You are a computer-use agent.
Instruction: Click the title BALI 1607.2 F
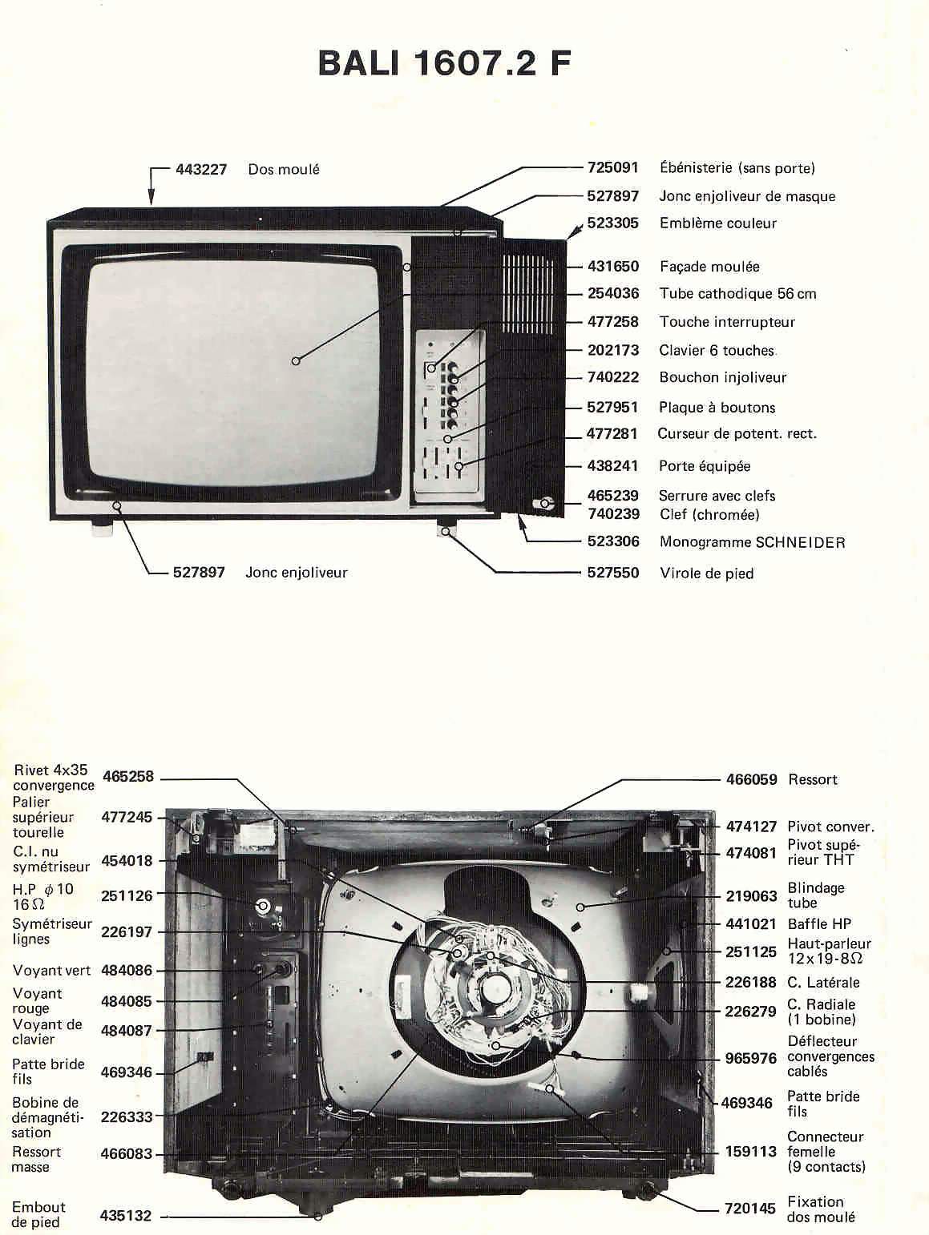(444, 62)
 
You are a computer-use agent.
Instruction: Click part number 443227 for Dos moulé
(201, 169)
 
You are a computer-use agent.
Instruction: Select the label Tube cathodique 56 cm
(737, 293)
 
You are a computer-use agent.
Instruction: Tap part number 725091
(612, 167)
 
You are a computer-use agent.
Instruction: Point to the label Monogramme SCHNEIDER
(752, 542)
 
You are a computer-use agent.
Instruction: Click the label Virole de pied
(706, 573)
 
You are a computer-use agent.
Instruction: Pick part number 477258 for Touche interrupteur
(612, 322)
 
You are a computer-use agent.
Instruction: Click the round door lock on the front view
(546, 504)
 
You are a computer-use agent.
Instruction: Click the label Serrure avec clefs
(717, 496)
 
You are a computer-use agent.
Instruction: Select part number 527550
(612, 573)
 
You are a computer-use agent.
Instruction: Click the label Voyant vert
(51, 971)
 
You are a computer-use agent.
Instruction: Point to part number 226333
(127, 1116)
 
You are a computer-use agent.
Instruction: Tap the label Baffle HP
(819, 923)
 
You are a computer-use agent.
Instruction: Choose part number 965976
(750, 1058)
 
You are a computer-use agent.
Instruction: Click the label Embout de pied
(38, 1214)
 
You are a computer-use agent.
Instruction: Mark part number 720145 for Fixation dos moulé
(749, 1209)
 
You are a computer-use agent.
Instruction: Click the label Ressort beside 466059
(813, 779)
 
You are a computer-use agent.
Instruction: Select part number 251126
(127, 895)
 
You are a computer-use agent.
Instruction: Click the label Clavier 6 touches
(717, 350)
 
